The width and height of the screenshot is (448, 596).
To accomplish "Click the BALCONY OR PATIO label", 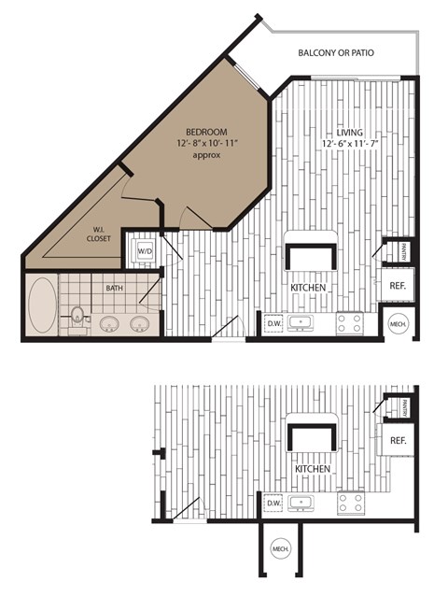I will (336, 53).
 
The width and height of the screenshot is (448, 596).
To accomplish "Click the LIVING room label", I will (346, 132).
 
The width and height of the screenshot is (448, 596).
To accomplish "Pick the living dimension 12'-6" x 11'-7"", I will (346, 143).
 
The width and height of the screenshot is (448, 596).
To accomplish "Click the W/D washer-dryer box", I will (145, 250).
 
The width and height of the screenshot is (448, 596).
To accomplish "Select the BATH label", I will (114, 290).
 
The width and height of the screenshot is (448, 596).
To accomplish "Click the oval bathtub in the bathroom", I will (42, 305).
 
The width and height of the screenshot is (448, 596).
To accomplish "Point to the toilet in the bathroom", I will (78, 318).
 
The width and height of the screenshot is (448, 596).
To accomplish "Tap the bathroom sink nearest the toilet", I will (108, 324).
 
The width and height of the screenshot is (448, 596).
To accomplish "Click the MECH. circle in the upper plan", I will (399, 323).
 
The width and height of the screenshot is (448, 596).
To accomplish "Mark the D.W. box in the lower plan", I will (273, 504).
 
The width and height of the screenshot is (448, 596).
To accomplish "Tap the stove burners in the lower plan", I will (350, 504).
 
